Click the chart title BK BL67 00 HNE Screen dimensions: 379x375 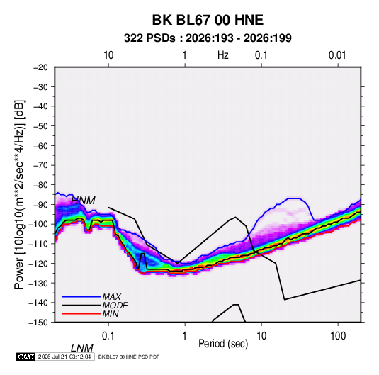coord(208,20)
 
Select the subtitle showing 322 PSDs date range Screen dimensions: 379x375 coord(208,38)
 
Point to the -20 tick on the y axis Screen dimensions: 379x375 coord(40,67)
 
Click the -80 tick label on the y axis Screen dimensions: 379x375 coord(40,185)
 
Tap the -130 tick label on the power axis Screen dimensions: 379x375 coord(39,283)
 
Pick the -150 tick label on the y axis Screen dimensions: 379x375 coord(39,323)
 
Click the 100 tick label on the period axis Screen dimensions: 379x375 coord(338,336)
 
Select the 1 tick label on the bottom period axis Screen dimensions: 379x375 coord(185,336)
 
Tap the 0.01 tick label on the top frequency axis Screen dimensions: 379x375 coord(337,55)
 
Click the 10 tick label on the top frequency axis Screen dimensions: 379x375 coord(108,55)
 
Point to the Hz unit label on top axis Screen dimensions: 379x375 coord(223,55)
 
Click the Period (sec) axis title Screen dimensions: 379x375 coord(223,344)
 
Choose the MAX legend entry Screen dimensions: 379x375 coord(112,297)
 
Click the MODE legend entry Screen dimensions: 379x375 coord(115,306)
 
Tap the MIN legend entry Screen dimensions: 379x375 coord(111,314)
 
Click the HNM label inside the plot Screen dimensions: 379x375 coord(83,201)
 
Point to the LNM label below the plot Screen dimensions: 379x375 coord(82,348)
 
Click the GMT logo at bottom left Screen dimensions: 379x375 coord(26,357)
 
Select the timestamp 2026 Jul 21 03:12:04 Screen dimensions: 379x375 coord(64,357)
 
